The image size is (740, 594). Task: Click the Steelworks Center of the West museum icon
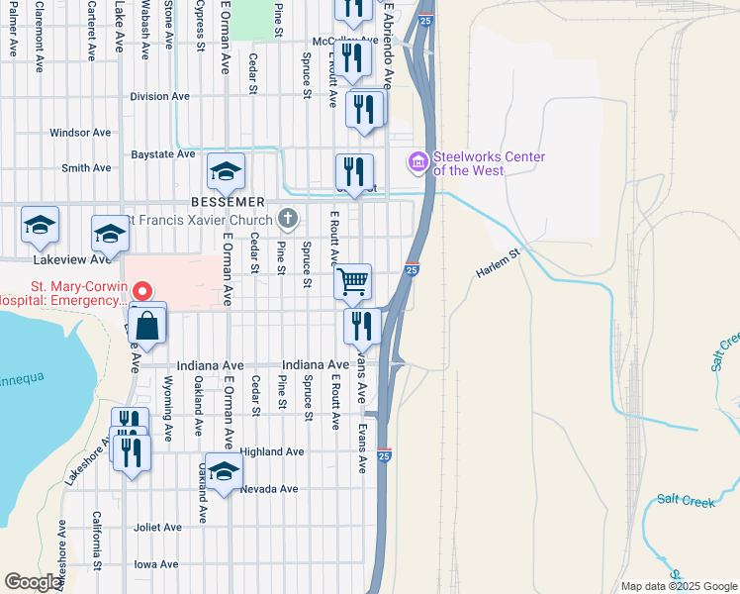[417, 160]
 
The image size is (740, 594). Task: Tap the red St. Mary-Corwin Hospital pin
[141, 291]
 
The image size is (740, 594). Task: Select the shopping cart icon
[352, 281]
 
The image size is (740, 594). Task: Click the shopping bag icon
[147, 326]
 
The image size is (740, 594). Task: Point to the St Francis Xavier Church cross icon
[288, 217]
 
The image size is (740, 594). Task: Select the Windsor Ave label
[80, 132]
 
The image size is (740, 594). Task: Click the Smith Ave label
[86, 168]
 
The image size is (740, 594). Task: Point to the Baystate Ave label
[163, 154]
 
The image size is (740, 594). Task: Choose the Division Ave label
[159, 97]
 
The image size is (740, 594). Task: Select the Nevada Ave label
[268, 489]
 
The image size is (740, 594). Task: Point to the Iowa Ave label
[155, 564]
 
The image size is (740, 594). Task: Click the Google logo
[33, 582]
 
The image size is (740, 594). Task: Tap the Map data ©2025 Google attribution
[678, 586]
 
